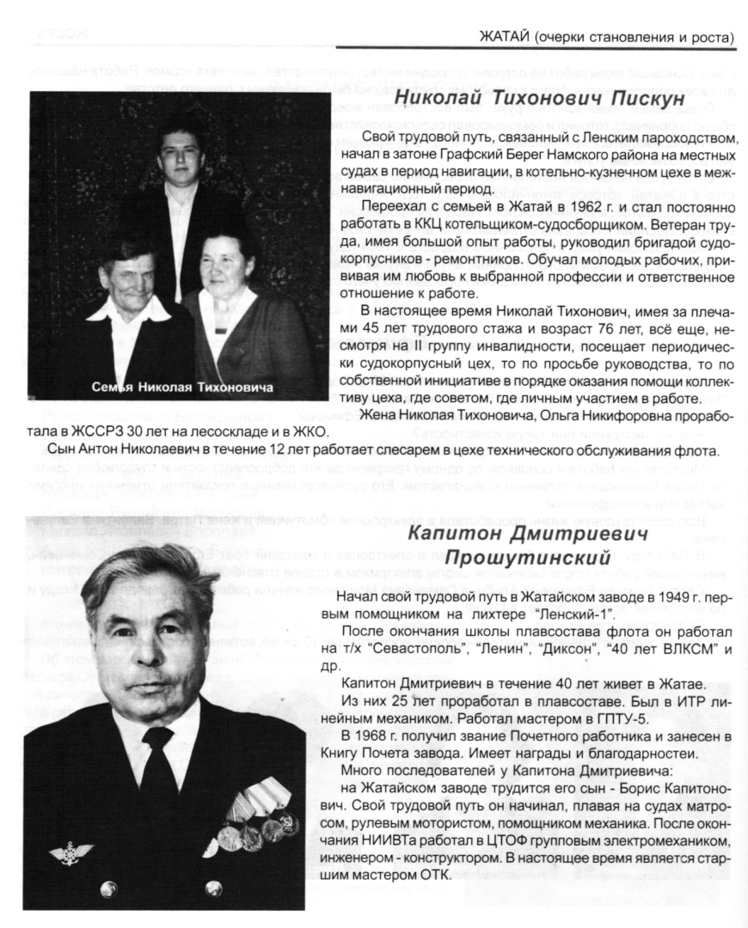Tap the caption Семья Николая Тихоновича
[182, 387]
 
